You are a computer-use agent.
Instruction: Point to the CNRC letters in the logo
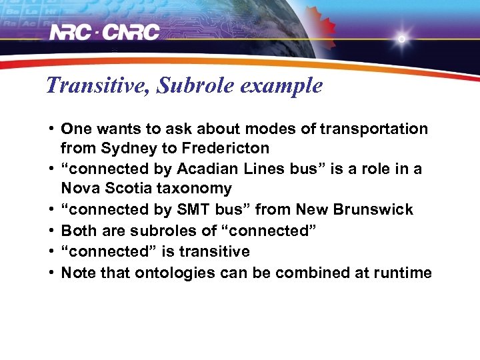132,32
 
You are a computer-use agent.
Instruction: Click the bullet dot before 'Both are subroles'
51,231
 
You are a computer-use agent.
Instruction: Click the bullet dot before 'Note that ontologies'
51,273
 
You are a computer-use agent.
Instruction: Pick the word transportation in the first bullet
373,129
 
